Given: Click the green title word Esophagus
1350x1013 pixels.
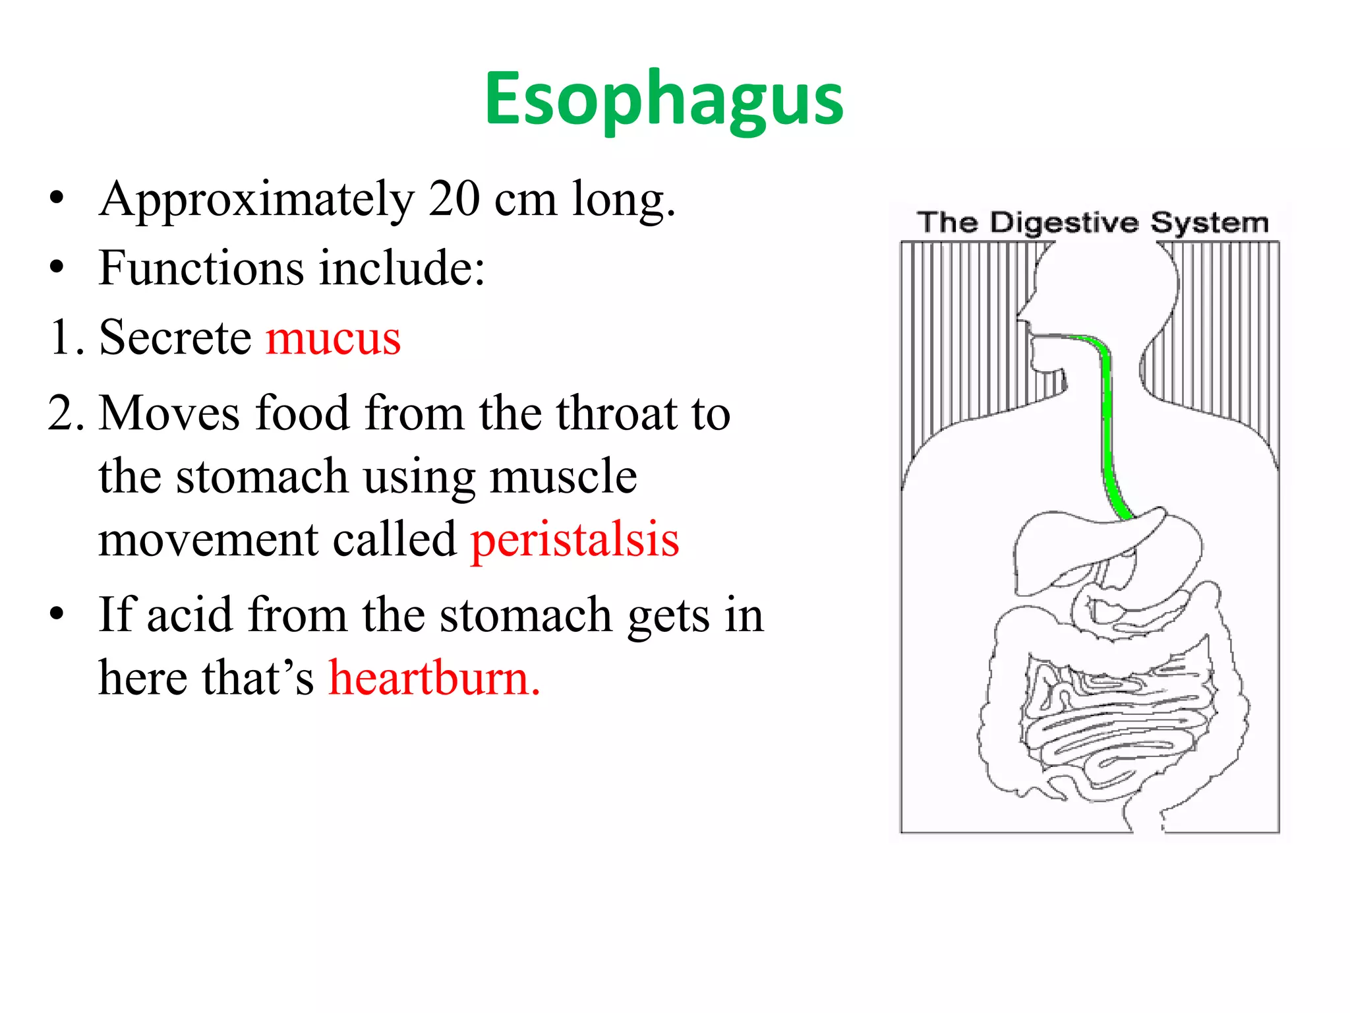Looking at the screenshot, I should (664, 100).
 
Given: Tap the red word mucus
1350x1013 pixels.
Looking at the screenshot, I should (333, 338).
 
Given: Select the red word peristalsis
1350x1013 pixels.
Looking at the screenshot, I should (574, 539).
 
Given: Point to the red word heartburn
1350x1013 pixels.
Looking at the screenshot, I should (434, 678).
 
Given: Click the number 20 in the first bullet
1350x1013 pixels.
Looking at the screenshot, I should (454, 199).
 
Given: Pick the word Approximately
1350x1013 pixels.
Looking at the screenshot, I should (256, 200).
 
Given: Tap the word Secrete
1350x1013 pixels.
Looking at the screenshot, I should (175, 338).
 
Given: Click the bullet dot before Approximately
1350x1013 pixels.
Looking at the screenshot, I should (57, 199).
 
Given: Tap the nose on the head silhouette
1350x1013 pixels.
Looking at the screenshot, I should (1023, 310).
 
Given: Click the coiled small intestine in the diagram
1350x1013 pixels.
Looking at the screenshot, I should (1114, 725).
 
